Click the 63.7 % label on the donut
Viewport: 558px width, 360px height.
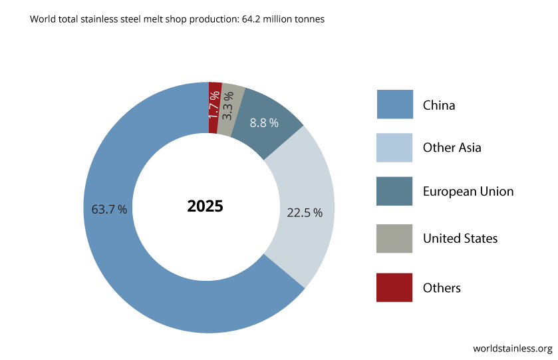click(109, 209)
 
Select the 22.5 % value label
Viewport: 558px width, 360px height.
click(305, 213)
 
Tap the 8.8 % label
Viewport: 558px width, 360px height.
click(264, 123)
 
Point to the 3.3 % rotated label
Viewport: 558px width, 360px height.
click(228, 104)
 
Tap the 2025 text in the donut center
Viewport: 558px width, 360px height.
click(205, 206)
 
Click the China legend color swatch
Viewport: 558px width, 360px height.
click(394, 104)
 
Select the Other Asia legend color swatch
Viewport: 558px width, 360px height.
click(394, 148)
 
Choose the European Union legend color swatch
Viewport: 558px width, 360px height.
click(394, 191)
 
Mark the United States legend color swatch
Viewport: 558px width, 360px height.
click(394, 238)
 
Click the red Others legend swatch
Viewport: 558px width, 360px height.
click(394, 287)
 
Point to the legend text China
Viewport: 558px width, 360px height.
click(439, 105)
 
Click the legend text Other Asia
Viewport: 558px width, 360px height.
click(452, 148)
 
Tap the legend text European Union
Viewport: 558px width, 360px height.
click(468, 192)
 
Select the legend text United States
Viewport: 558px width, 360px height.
click(460, 238)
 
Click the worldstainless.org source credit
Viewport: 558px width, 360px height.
click(512, 348)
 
